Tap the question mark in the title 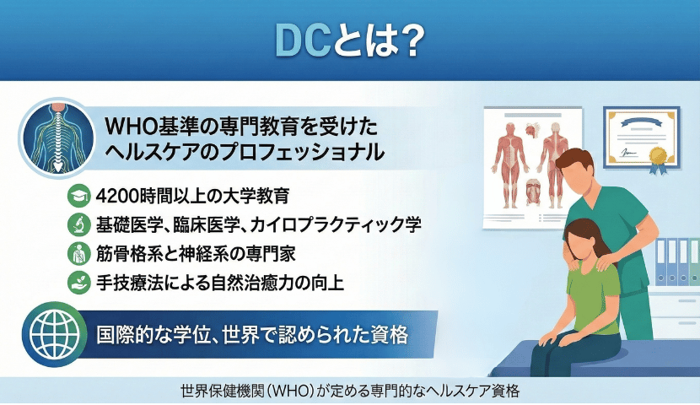(407, 41)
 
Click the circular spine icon (57, 138)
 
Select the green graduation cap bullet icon (79, 196)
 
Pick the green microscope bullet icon (79, 224)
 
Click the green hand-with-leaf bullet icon (79, 282)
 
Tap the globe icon (55, 334)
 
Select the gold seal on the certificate (658, 157)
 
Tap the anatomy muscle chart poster (531, 167)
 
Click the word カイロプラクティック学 (336, 224)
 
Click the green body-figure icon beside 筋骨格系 (79, 254)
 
